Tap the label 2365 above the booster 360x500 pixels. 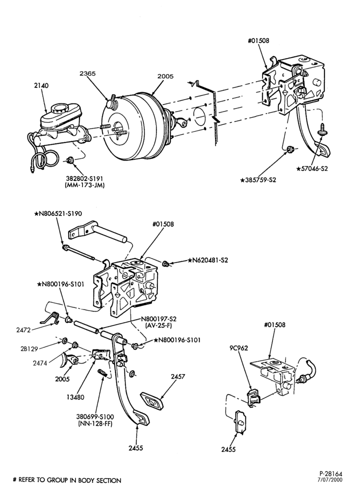pyautogui.click(x=87, y=73)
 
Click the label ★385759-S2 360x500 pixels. pyautogui.click(x=258, y=180)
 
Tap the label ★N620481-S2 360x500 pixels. pyautogui.click(x=208, y=260)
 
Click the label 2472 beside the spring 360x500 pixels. pyautogui.click(x=23, y=330)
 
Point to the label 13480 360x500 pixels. pyautogui.click(x=75, y=397)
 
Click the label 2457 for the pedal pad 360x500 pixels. pyautogui.click(x=178, y=376)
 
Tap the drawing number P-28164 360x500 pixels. pyautogui.click(x=330, y=474)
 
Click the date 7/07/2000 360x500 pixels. pyautogui.click(x=331, y=479)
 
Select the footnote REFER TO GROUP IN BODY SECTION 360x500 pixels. pyautogui.click(x=70, y=480)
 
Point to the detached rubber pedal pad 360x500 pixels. pyautogui.click(x=152, y=399)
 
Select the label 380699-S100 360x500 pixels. pyautogui.click(x=94, y=416)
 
